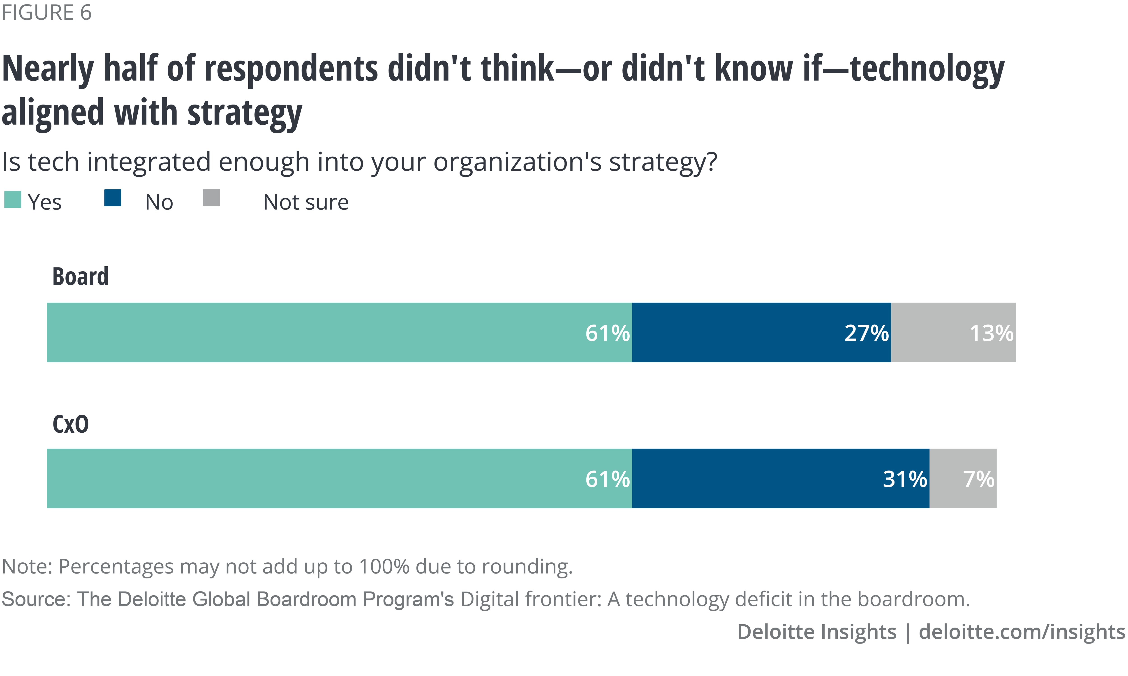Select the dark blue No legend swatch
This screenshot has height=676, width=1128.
[113, 198]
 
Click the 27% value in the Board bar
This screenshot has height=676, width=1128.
[866, 333]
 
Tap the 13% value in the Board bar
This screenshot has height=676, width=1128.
[991, 333]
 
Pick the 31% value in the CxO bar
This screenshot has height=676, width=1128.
[905, 479]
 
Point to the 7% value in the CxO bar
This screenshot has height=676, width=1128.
[978, 479]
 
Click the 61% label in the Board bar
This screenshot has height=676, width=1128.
[607, 333]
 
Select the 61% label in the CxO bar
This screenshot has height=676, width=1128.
[607, 479]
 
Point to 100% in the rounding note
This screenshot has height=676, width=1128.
[384, 567]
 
